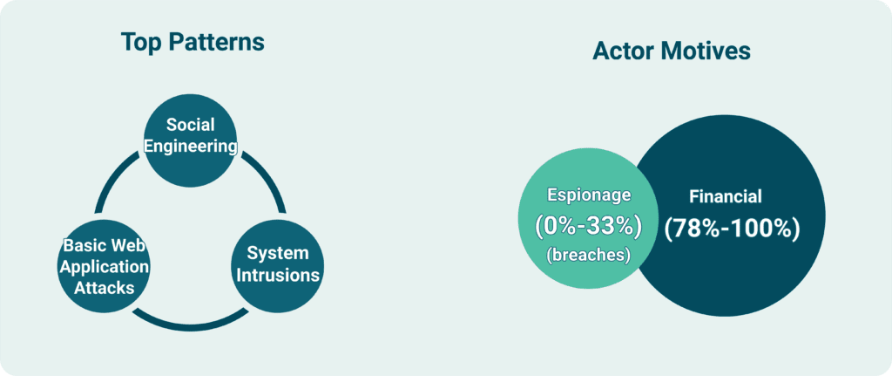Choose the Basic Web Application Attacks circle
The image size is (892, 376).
point(104,266)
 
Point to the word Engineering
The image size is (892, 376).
point(190,146)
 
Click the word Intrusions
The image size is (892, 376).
point(278,276)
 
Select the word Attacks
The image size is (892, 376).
point(104,288)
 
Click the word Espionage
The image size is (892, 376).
point(589,195)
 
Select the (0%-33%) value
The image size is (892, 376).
point(588,226)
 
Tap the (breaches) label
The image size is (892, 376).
point(588,256)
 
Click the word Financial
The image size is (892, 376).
point(726,196)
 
